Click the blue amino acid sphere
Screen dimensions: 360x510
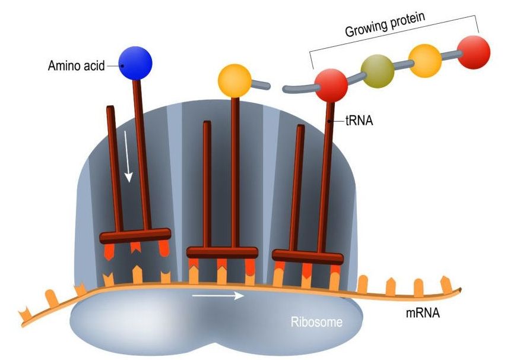point(135,62)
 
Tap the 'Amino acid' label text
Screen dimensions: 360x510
point(76,66)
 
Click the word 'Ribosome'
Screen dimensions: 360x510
point(317,323)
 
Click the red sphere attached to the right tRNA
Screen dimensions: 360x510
point(331,85)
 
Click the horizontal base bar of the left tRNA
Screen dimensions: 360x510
point(135,236)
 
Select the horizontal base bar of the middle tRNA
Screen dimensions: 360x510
point(222,252)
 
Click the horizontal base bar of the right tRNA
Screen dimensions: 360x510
point(308,257)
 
